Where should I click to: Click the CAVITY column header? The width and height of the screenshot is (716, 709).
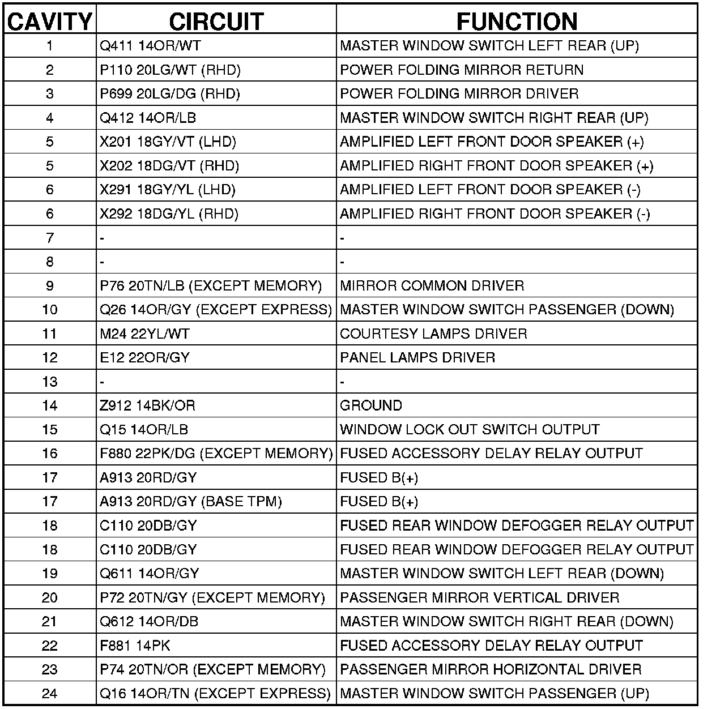point(50,22)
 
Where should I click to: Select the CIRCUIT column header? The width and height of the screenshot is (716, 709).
point(216,22)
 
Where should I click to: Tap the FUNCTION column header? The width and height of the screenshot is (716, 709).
point(517,22)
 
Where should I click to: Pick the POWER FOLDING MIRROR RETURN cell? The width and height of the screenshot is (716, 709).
point(462,70)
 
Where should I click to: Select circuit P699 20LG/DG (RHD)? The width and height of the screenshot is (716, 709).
point(170,93)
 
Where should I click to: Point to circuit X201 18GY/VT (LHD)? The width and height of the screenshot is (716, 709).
point(168,142)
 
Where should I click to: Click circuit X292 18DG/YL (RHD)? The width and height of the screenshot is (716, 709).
point(169,213)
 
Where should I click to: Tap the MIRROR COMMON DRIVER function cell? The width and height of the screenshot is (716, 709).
point(432,285)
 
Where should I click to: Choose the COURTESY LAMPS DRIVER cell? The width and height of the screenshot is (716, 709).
point(433,334)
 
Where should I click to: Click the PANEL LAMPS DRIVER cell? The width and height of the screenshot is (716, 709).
point(417,357)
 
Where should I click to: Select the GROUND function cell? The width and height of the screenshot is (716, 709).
point(371,405)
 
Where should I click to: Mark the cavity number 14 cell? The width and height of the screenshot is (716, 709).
point(50,405)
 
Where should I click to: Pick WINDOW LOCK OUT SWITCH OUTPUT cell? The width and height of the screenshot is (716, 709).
point(470,429)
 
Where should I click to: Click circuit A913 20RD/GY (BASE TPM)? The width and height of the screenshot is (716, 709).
point(191,501)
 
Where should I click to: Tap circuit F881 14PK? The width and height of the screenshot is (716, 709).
point(135,645)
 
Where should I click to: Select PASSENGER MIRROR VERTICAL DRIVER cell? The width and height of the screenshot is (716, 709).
point(479,597)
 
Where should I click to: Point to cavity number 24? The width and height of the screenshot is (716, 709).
point(50,693)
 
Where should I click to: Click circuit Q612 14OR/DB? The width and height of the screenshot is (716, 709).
point(149,621)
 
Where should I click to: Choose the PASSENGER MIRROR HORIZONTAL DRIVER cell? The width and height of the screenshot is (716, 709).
point(491,669)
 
